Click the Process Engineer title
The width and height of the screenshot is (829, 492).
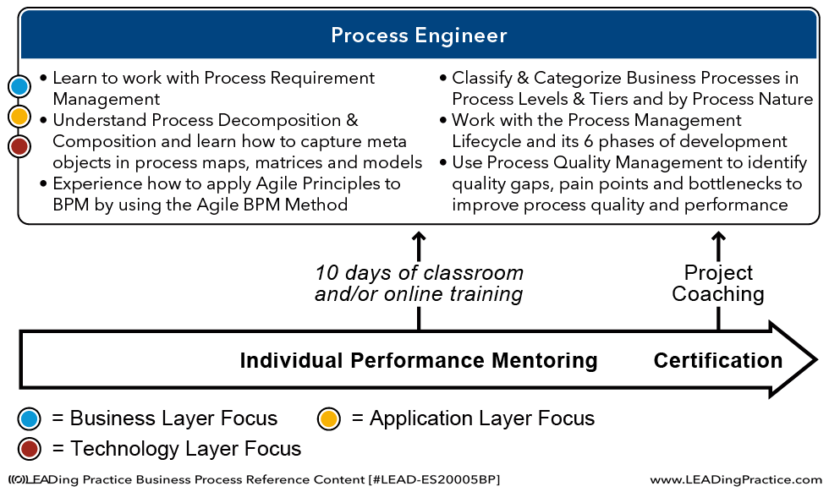[x=419, y=36]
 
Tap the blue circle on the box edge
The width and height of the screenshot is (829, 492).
[x=19, y=86]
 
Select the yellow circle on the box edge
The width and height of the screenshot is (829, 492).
[x=19, y=117]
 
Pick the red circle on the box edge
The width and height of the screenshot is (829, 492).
[x=19, y=146]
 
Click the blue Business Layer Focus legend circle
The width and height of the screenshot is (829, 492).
[x=29, y=418]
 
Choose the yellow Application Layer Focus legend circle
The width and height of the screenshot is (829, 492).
[x=328, y=418]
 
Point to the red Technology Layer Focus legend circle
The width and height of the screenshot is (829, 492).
[x=29, y=449]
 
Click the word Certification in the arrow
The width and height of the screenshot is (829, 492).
[x=718, y=360]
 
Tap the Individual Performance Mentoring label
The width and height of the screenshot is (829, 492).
[x=419, y=360]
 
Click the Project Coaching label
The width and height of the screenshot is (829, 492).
[x=718, y=283]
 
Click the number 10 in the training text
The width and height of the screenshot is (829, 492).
[x=327, y=273]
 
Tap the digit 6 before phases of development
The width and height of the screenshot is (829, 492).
[x=589, y=142]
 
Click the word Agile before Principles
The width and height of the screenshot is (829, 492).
[x=277, y=184]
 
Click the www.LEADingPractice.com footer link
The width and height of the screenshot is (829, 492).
[x=736, y=480]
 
